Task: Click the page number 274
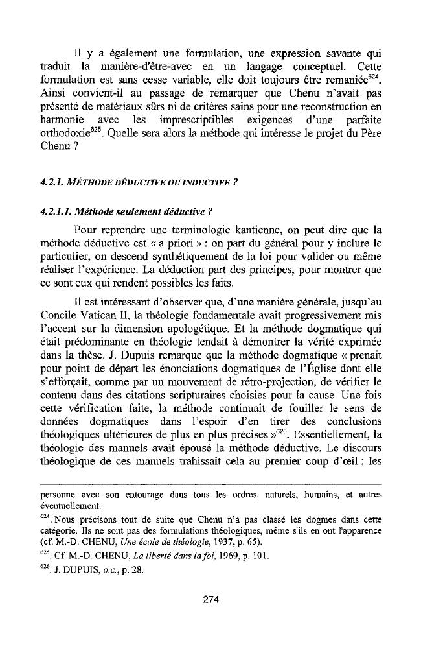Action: [x=210, y=599]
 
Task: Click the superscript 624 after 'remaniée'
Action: [x=374, y=78]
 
